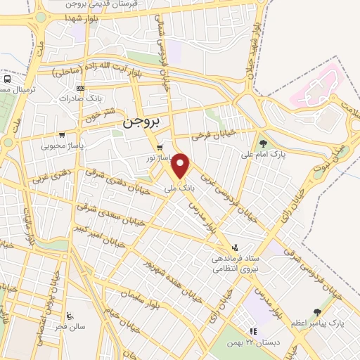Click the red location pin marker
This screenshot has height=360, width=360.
click(181, 167)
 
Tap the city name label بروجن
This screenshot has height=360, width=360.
click(141, 121)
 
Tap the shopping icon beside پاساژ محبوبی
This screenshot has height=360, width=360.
click(62, 135)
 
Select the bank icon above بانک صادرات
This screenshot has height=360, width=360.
click(79, 89)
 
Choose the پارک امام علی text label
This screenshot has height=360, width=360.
click(259, 153)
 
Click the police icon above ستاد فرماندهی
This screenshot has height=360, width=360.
click(236, 247)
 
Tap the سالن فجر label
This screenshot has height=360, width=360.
click(72, 327)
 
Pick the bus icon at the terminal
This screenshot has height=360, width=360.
click(6, 80)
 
